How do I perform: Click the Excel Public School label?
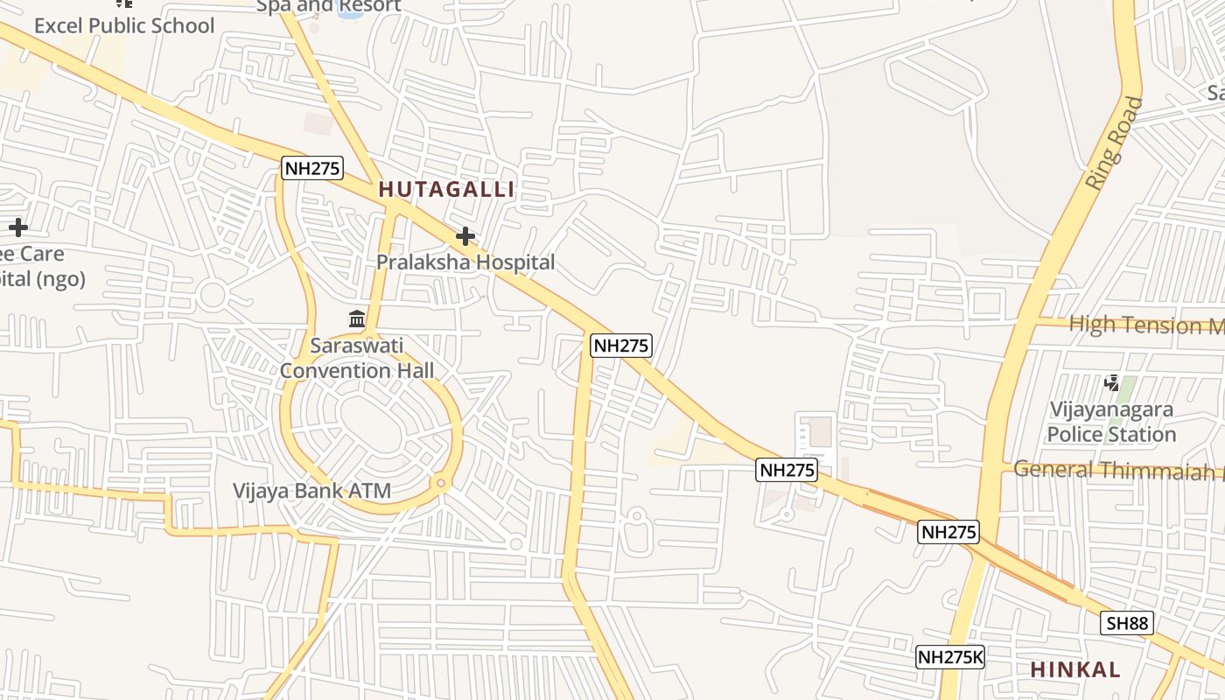(x=124, y=25)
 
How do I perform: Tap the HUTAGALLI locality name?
(x=446, y=189)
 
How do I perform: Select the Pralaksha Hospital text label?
(x=465, y=262)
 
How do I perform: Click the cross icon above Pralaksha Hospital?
(x=465, y=236)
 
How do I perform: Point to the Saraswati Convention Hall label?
(x=357, y=358)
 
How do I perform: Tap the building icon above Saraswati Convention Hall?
(x=357, y=318)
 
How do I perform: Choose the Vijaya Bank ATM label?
(x=311, y=491)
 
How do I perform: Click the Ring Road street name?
(x=1114, y=143)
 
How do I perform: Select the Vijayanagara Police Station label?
(x=1111, y=422)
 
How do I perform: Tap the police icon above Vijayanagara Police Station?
(x=1111, y=382)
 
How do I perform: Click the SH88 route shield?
(x=1127, y=623)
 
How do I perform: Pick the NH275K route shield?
(x=950, y=657)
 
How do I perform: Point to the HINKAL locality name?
(x=1074, y=670)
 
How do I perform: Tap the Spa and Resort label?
(x=328, y=6)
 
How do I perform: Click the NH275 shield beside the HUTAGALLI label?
(x=312, y=168)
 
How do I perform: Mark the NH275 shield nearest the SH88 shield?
(x=948, y=532)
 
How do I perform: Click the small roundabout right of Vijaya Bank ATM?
(x=441, y=483)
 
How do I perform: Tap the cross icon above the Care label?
(x=17, y=228)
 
